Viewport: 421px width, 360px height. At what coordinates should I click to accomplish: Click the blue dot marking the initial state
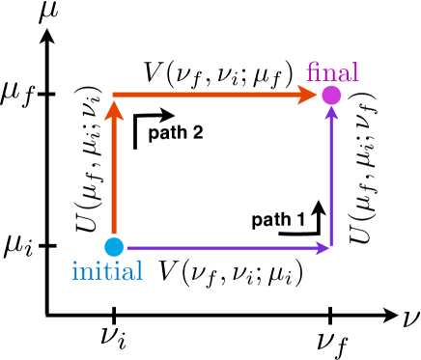tap(114, 247)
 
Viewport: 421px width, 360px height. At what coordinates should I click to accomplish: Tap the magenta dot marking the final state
tap(331, 96)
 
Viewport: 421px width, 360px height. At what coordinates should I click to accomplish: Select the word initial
tap(107, 271)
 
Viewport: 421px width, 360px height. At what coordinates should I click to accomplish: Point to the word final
tap(332, 73)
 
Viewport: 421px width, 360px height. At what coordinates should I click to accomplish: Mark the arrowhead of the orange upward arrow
tap(114, 109)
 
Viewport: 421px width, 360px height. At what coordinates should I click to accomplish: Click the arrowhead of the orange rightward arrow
tap(308, 95)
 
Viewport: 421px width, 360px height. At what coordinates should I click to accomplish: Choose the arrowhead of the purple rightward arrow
tap(323, 248)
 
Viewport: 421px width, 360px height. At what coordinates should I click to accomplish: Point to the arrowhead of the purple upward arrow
tap(331, 113)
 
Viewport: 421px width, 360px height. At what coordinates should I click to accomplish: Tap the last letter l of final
tap(355, 72)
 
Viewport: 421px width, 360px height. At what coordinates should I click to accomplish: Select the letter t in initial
tap(105, 271)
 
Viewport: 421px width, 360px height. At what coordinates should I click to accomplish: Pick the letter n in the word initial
tap(86, 273)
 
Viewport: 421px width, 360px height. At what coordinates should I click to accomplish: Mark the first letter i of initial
tap(75, 271)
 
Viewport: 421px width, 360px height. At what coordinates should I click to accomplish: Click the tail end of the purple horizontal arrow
tap(128, 248)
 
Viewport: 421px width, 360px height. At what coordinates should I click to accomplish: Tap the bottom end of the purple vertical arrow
tap(331, 245)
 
